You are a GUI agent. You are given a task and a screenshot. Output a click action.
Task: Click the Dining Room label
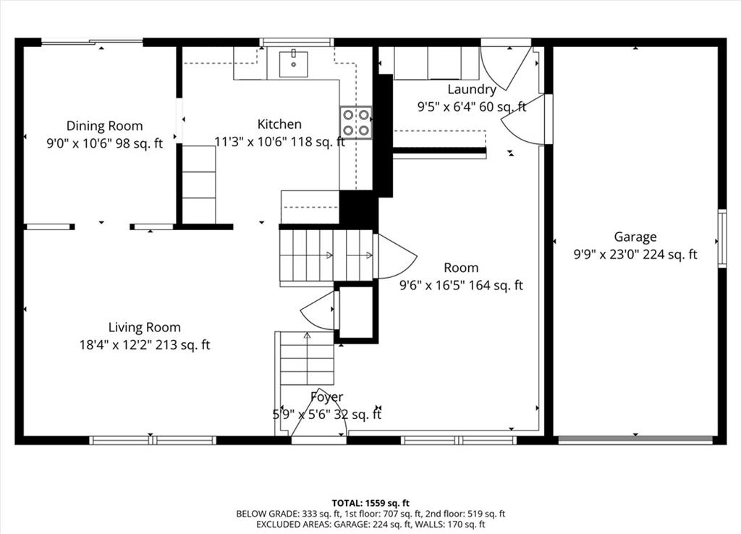(104, 126)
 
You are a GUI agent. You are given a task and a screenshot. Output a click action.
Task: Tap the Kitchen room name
(279, 124)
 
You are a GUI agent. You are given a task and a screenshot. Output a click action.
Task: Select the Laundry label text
(472, 89)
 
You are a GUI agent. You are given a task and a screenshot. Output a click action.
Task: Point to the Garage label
(635, 237)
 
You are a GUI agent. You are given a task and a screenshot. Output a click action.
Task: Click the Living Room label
(145, 327)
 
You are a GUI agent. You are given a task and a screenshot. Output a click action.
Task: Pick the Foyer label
(327, 397)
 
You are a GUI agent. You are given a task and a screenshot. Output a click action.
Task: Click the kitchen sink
(294, 64)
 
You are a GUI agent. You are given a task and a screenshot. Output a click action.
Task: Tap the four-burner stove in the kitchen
(356, 123)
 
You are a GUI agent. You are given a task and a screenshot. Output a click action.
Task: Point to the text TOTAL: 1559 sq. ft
(370, 503)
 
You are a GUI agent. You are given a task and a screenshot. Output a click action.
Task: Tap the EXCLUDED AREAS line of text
(370, 524)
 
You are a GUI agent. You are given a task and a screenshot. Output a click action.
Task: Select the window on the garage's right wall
(722, 238)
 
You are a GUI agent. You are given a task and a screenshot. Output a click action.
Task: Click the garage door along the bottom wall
(635, 440)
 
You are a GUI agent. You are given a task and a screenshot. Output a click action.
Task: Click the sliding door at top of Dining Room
(92, 42)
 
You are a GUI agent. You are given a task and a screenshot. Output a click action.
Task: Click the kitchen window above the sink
(297, 42)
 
